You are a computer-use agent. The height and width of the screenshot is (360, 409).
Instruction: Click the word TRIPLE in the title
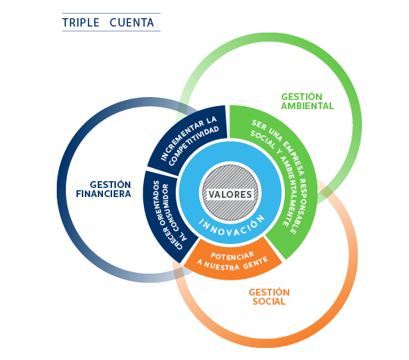tap(81, 23)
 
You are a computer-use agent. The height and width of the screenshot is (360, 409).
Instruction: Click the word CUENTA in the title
tap(132, 23)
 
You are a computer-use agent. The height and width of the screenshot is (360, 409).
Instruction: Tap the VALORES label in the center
tap(230, 195)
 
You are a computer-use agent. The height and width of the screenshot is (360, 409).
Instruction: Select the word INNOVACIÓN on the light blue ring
tap(232, 227)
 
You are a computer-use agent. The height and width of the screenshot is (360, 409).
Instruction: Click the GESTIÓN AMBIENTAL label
tap(308, 102)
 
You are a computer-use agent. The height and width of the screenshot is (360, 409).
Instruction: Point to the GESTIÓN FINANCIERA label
tap(104, 189)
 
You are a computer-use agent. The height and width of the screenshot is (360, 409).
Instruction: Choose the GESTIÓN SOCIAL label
tap(269, 297)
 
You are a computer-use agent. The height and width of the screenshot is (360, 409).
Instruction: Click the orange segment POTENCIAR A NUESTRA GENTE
tap(233, 260)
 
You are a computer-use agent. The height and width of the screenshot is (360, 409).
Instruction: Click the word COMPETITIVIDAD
tap(194, 146)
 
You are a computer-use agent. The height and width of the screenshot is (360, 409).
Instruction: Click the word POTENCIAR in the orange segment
tap(233, 256)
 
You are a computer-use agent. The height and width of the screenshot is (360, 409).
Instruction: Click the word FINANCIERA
tap(104, 194)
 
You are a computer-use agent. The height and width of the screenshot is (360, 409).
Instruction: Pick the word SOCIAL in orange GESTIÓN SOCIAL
tap(269, 302)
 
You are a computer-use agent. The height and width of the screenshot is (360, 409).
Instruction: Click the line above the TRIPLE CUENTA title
tap(111, 13)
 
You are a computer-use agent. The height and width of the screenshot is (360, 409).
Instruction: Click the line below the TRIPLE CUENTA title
tap(111, 31)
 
